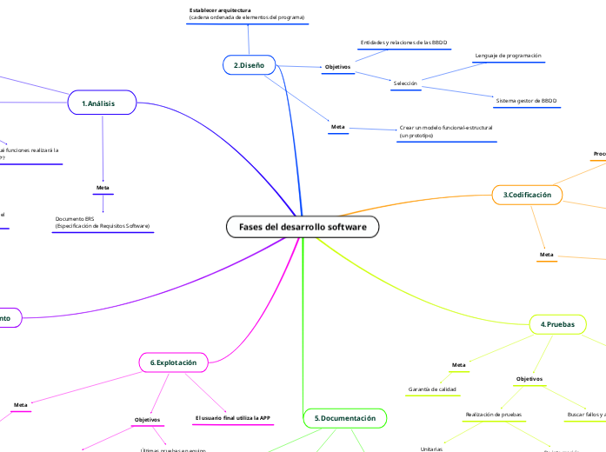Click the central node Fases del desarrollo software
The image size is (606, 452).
coord(303,227)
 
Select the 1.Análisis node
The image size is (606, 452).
coord(103,103)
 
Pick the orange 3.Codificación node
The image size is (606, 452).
coord(527,195)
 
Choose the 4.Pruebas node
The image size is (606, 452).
coord(557,323)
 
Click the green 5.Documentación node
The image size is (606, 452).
coord(344,418)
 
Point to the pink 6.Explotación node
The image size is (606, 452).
coord(173,362)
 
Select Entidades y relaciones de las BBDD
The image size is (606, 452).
coord(403,42)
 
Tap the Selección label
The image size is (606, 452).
coord(405,83)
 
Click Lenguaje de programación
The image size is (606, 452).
coord(508,56)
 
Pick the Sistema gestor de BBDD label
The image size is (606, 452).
coord(526,101)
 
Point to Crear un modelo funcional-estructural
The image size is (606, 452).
coord(445,127)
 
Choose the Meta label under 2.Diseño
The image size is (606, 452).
coord(338,127)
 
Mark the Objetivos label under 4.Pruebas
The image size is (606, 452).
coord(529,379)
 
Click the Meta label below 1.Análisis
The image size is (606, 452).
coord(103,187)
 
